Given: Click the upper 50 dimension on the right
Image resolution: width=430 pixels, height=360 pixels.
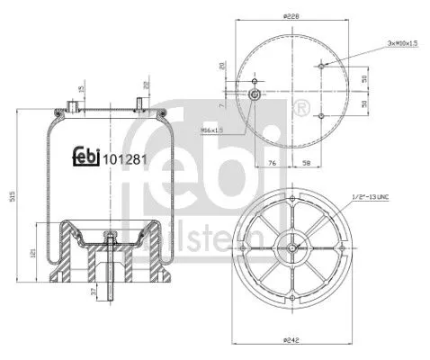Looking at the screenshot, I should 363,78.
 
